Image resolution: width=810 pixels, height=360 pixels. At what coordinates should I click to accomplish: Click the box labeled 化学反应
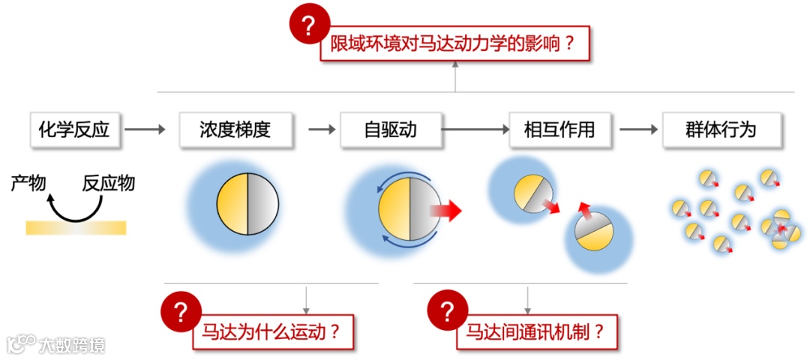tap(74, 130)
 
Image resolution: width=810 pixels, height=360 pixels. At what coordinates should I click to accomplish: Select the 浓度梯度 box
tap(235, 130)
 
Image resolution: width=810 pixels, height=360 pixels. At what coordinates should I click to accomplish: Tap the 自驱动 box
tap(390, 130)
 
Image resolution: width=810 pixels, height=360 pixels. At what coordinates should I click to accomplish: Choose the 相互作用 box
tap(559, 130)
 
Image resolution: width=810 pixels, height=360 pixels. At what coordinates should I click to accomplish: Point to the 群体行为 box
tap(721, 130)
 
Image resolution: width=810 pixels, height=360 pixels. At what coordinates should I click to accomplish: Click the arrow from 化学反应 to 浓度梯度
tap(145, 130)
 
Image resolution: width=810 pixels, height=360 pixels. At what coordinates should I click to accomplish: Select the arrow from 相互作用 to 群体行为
tap(638, 130)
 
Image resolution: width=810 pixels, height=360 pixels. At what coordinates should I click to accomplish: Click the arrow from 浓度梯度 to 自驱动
tap(322, 130)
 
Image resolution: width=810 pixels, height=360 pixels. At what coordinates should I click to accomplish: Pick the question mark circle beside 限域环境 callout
tap(309, 26)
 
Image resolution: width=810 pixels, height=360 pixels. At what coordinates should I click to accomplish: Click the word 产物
tap(28, 182)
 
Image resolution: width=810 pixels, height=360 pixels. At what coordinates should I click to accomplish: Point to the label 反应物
tap(109, 182)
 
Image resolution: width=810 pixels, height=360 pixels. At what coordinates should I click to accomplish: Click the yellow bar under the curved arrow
tap(76, 227)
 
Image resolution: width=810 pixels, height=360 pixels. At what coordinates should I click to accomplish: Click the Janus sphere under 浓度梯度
tap(247, 202)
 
